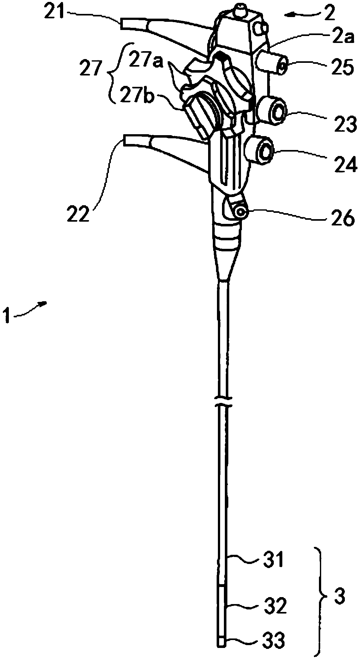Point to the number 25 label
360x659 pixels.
point(341,69)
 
